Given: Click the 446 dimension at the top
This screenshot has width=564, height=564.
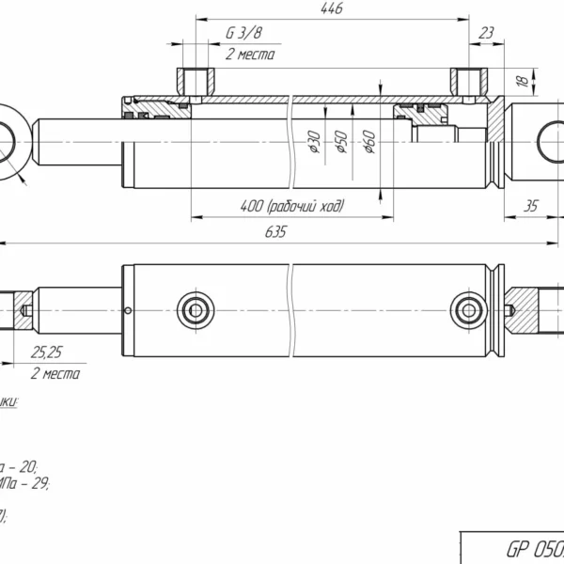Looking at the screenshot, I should pyautogui.click(x=330, y=8).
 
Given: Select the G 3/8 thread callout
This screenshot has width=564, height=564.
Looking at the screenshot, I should pyautogui.click(x=243, y=35).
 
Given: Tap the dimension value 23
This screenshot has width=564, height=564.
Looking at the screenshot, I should pyautogui.click(x=486, y=34).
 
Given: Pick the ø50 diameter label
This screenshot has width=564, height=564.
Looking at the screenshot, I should pyautogui.click(x=341, y=144).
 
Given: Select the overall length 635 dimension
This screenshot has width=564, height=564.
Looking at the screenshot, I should pyautogui.click(x=274, y=232).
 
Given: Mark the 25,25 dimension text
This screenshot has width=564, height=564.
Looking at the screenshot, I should pyautogui.click(x=47, y=354).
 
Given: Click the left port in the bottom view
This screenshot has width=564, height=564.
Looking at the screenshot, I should pyautogui.click(x=195, y=308).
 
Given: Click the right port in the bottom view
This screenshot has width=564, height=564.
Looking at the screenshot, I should pyautogui.click(x=467, y=308).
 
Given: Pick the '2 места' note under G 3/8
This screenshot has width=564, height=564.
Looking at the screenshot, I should pyautogui.click(x=249, y=55).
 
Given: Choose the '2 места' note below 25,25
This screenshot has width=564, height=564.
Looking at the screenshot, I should pyautogui.click(x=55, y=374).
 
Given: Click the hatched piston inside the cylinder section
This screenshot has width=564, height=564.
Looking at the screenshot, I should pyautogui.click(x=421, y=117).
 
